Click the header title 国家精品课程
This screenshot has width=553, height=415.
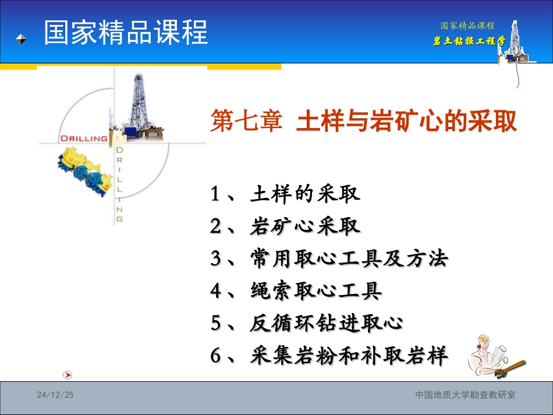click(126, 33)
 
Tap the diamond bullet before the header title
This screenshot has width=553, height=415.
click(21, 39)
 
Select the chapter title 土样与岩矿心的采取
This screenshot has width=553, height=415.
click(407, 122)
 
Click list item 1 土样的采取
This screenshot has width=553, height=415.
click(285, 194)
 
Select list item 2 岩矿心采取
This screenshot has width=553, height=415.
click(285, 226)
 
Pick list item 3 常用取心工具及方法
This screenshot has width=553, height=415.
click(329, 258)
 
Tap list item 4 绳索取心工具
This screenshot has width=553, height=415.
click(296, 290)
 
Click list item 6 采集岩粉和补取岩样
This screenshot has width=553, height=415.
click(329, 355)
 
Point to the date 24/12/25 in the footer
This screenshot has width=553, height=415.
click(56, 395)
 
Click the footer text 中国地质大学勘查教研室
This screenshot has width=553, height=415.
click(465, 395)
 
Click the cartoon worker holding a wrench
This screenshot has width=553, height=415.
click(495, 357)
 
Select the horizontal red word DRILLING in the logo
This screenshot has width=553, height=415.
click(84, 139)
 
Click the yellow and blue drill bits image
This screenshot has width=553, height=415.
click(85, 169)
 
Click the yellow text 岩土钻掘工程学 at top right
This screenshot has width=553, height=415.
click(469, 41)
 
